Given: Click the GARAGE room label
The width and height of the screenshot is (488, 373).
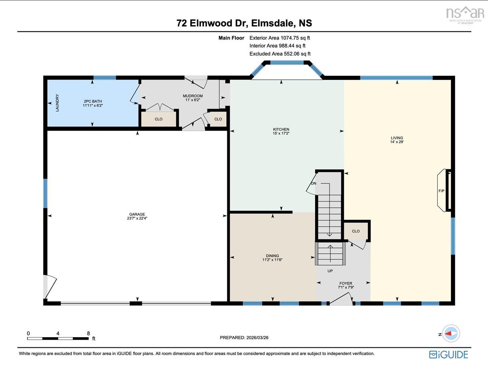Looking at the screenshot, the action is [x=137, y=214].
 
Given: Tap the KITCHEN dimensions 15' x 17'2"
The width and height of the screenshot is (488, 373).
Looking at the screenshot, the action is [x=281, y=133].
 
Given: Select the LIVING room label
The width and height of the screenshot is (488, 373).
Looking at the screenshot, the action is [x=397, y=138].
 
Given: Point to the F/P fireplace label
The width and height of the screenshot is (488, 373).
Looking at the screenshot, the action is [x=441, y=191].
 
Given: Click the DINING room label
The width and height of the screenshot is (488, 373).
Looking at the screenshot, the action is [x=272, y=256].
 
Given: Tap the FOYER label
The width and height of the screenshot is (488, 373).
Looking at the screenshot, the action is [x=346, y=283].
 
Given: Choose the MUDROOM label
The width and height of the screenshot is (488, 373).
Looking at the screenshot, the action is [x=193, y=96].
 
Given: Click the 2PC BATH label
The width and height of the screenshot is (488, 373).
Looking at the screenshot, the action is [x=93, y=101].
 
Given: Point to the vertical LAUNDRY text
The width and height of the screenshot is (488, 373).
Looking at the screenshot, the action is [x=57, y=103].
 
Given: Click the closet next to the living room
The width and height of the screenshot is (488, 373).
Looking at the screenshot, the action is [x=356, y=231].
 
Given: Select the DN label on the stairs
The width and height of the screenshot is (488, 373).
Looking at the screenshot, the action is [x=314, y=183].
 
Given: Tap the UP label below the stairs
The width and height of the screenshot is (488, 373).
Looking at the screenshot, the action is [x=330, y=271].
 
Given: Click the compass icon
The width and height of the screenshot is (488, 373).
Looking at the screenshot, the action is [x=451, y=334].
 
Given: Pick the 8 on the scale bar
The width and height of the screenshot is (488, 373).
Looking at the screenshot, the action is [x=88, y=333].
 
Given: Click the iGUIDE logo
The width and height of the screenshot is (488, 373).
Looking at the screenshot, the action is [x=449, y=355].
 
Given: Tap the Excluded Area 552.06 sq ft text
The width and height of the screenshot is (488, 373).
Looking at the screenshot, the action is [x=280, y=54].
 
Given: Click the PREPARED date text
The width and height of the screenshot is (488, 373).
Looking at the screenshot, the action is [x=244, y=338].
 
